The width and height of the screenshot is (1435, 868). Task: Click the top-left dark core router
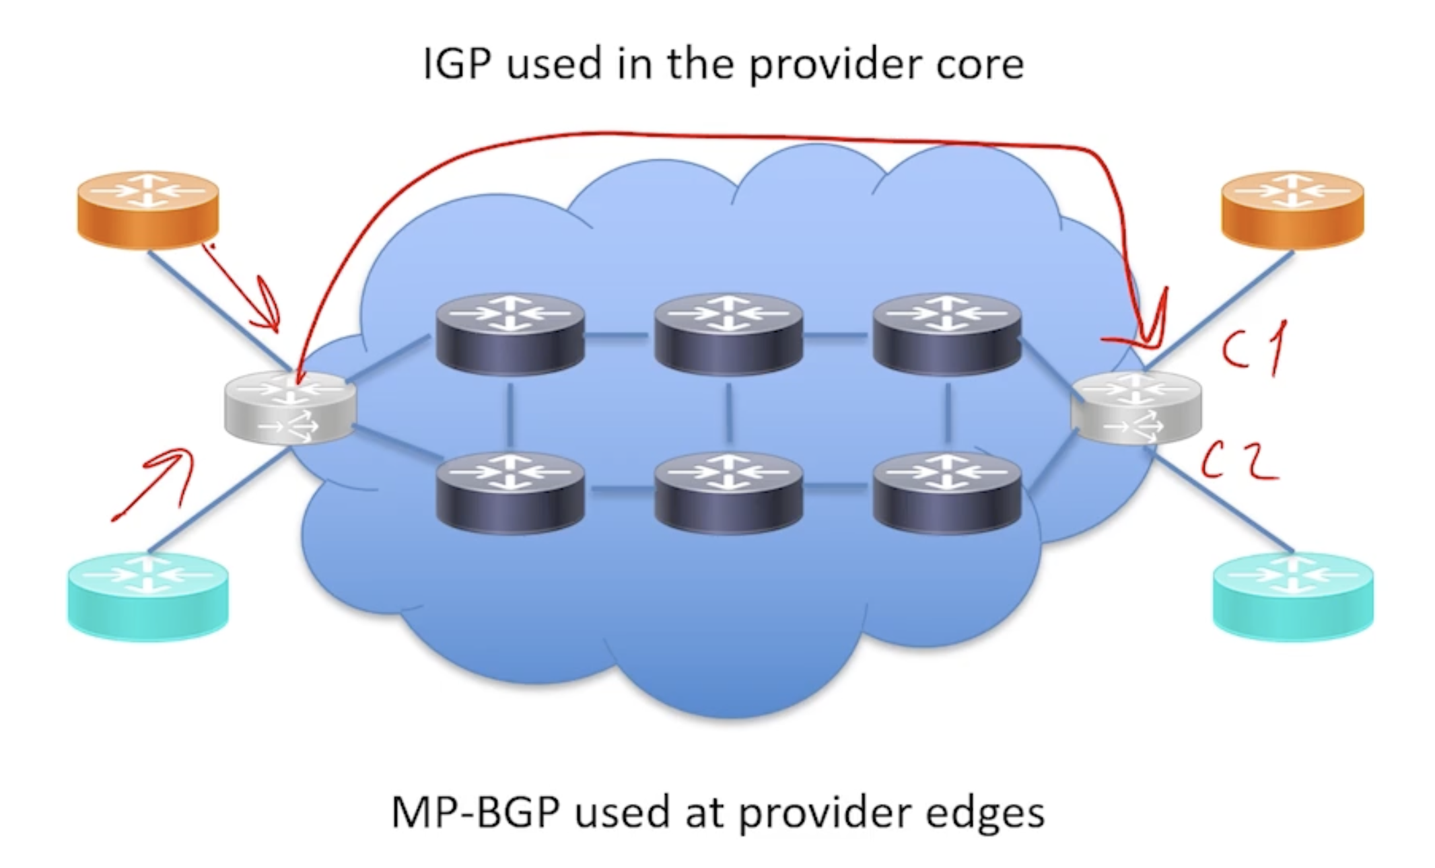click(510, 333)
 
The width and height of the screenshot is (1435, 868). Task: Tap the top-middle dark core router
click(728, 333)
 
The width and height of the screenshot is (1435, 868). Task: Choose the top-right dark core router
click(947, 333)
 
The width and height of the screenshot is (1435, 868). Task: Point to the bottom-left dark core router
click(510, 493)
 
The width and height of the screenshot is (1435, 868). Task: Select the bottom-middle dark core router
click(728, 493)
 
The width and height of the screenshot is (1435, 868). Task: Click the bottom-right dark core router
click(947, 493)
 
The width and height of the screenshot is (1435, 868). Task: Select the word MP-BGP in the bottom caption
click(475, 812)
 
